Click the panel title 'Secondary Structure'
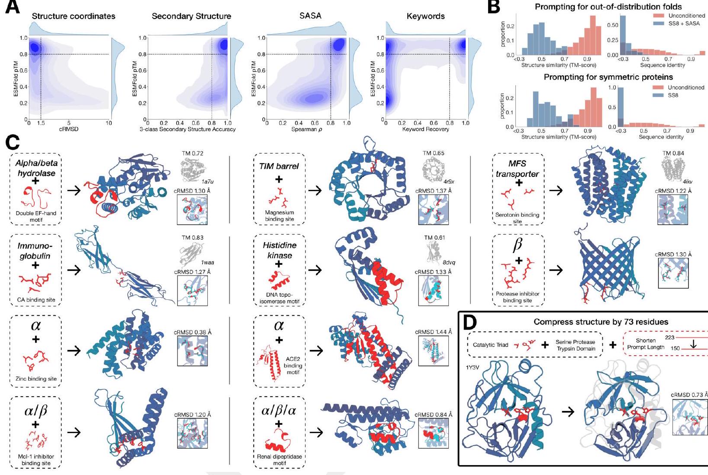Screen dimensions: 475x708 [191, 16]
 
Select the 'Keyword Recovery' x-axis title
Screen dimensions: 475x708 [425, 129]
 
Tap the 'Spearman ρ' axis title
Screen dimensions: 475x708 [306, 129]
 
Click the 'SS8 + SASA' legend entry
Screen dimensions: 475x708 [684, 23]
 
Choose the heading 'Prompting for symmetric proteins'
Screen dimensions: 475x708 [608, 77]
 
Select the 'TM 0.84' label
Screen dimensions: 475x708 [673, 153]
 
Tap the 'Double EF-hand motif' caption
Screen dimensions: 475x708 [36, 216]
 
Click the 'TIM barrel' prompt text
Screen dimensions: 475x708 [279, 166]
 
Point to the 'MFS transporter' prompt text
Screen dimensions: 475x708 [518, 169]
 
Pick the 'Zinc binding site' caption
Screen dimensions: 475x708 [36, 379]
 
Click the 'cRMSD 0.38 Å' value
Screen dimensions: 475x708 [192, 332]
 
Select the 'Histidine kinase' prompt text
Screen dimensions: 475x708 [279, 250]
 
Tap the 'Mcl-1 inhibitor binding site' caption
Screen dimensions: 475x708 [36, 460]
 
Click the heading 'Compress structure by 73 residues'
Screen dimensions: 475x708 [601, 322]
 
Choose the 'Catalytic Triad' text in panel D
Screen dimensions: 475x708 [490, 345]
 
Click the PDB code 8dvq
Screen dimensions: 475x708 [449, 263]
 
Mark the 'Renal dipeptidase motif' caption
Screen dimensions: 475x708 [279, 460]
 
